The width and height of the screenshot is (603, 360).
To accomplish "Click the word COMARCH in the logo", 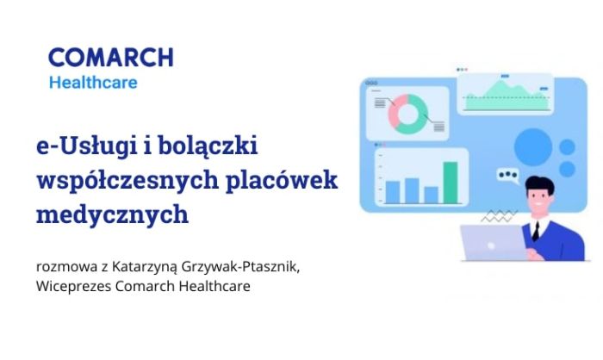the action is coord(111,58).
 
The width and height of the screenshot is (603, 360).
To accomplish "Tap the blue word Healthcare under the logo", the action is coord(93,83).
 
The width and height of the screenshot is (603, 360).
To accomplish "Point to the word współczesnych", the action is coord(127,180).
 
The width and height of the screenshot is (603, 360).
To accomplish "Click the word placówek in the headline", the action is coord(282,180).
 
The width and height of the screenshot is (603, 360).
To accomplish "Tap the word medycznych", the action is coord(112,214).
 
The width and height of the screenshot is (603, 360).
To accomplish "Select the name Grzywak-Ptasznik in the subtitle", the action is coord(240,266).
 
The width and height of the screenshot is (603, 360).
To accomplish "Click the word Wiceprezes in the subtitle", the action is coord(74,286).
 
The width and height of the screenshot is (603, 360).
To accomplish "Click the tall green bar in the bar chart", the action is coord(451,183).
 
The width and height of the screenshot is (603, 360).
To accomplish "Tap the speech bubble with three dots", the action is coord(507,176).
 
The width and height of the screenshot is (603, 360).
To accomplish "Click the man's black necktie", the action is coord(536,231).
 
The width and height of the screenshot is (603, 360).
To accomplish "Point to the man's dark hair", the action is coord(539,185).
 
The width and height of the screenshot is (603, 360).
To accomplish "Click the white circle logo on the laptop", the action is coord(491,245).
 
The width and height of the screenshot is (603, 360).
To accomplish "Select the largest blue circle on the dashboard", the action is coord(533,147).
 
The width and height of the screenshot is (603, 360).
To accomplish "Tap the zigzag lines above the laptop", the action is coord(499,216).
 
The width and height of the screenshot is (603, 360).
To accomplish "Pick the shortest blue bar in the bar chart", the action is coord(431,195).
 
